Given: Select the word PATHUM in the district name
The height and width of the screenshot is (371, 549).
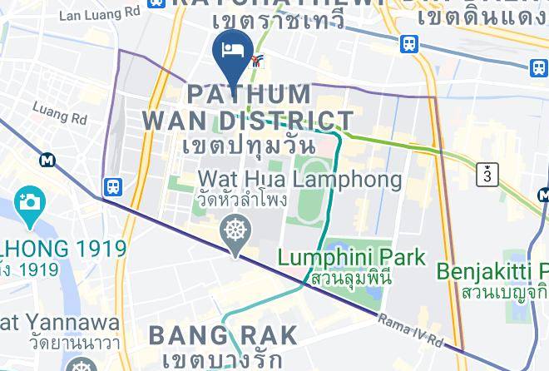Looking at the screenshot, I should [250, 94].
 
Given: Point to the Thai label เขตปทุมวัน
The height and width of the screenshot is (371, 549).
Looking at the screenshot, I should [246, 144].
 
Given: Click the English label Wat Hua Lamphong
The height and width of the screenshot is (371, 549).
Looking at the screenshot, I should [299, 179].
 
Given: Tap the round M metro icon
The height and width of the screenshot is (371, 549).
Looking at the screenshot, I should [47, 158].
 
